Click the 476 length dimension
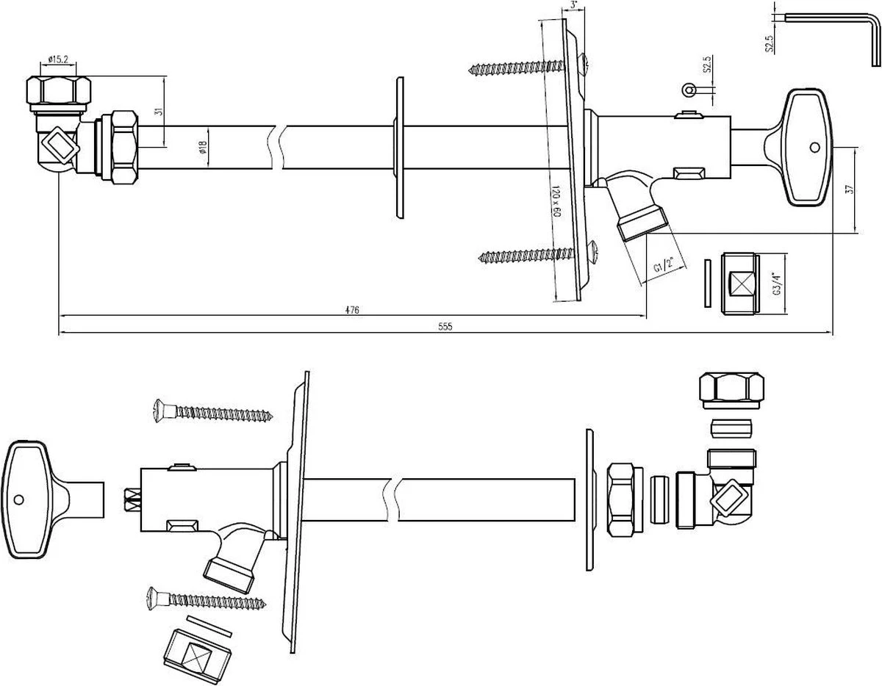[352, 310]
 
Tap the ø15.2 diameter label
[58, 58]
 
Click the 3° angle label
[574, 6]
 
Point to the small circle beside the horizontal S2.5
[689, 90]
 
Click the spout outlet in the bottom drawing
[229, 574]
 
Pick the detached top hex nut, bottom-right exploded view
[731, 389]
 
